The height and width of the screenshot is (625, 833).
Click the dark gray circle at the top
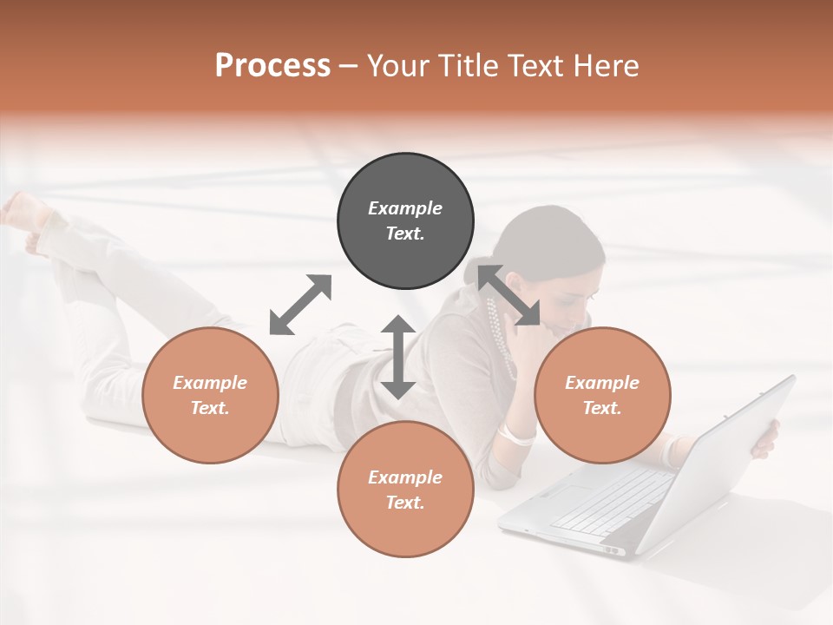coord(405,221)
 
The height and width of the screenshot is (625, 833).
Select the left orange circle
coord(210,395)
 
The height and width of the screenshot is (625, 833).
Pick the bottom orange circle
coord(405,489)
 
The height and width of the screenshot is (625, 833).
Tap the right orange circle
coord(601,395)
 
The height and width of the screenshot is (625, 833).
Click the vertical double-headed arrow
coord(398,357)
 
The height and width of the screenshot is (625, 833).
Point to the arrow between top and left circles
coord(300,305)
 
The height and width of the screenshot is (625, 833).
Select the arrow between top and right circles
coord(509,297)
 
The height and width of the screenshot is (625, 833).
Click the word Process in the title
coord(272,65)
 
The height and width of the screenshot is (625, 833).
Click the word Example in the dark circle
coord(405,208)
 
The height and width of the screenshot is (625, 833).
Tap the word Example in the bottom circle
coord(405,477)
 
